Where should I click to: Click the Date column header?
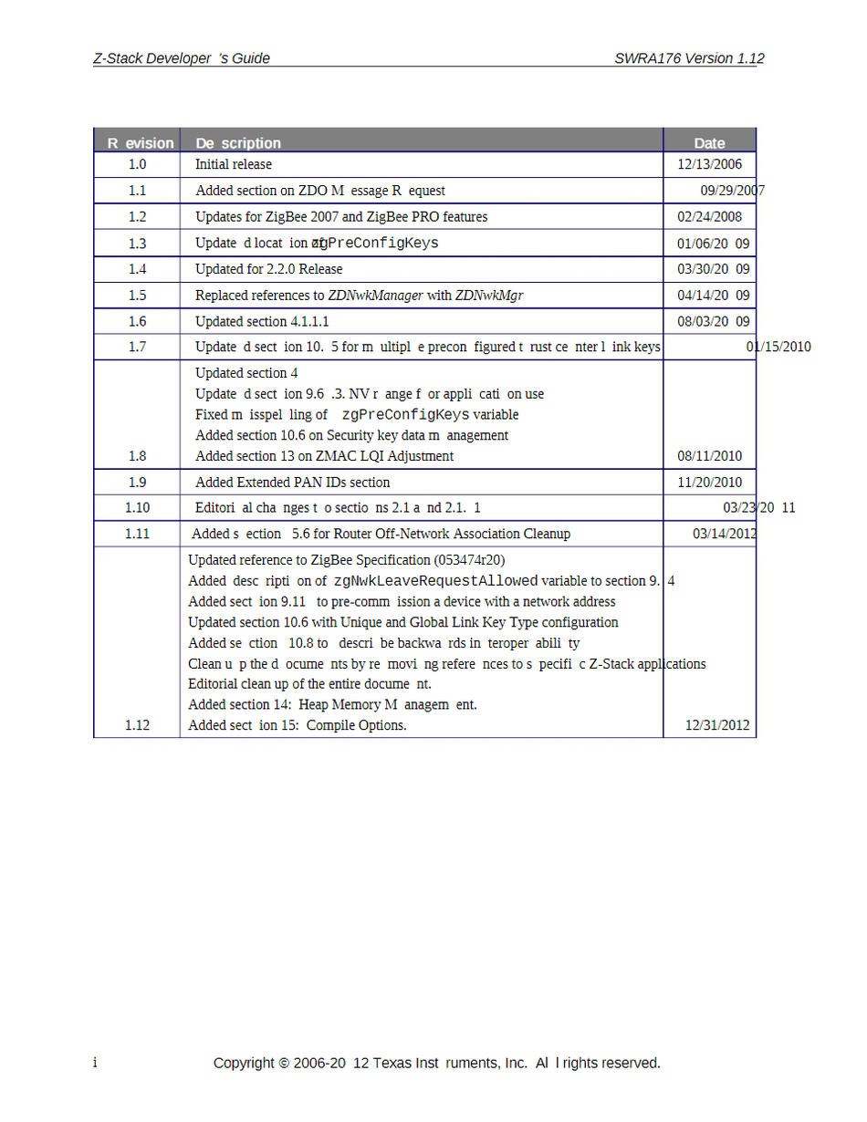[709, 143]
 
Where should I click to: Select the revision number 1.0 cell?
[137, 165]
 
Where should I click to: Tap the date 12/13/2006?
[709, 165]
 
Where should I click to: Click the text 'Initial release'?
[234, 165]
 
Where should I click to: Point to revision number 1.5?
[137, 296]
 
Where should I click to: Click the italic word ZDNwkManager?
[375, 296]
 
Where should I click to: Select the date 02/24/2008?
[709, 217]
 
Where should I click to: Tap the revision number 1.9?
[137, 483]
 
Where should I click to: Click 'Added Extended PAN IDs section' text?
[292, 483]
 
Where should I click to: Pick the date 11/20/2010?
[709, 483]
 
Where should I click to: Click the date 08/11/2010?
[709, 456]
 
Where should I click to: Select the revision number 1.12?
[137, 725]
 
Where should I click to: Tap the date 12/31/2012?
[717, 725]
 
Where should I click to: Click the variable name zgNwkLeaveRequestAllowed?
[435, 581]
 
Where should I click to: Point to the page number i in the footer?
[95, 1063]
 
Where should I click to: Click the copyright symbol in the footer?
[284, 1064]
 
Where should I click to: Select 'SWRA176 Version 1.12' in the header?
[689, 58]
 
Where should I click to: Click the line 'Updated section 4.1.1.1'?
[262, 322]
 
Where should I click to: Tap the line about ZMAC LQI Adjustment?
[324, 456]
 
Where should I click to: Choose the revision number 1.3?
[137, 244]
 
